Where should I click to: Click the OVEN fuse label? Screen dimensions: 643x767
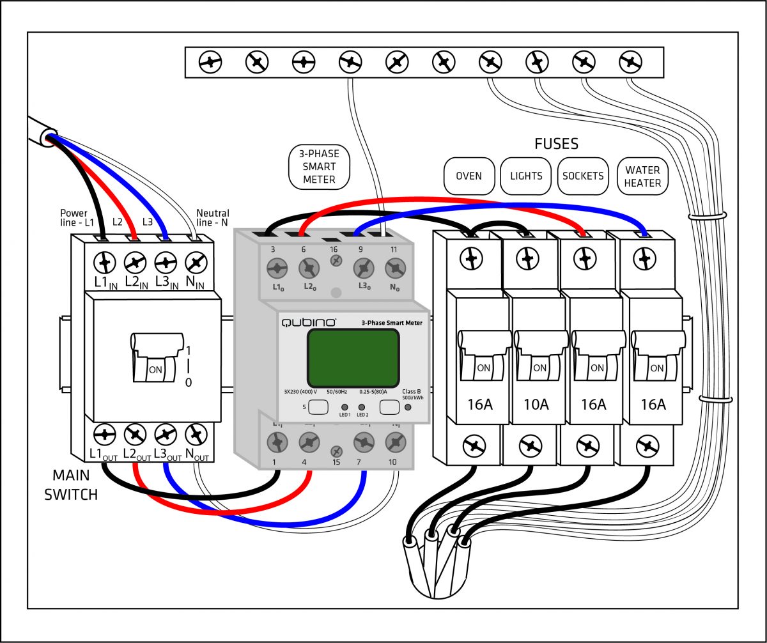469,176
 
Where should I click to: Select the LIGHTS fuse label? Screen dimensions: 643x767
526,176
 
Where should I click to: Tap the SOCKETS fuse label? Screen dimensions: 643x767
583,176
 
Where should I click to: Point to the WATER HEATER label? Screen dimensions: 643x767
642,176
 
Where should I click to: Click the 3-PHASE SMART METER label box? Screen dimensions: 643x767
319,167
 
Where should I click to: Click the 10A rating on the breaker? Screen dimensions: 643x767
536,404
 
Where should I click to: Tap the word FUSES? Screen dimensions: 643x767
556,144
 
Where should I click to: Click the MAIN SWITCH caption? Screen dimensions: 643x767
71,484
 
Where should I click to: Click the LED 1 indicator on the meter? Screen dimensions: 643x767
345,407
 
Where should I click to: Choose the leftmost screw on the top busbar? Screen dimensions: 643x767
210,62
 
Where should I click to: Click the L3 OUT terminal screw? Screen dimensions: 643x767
166,435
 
